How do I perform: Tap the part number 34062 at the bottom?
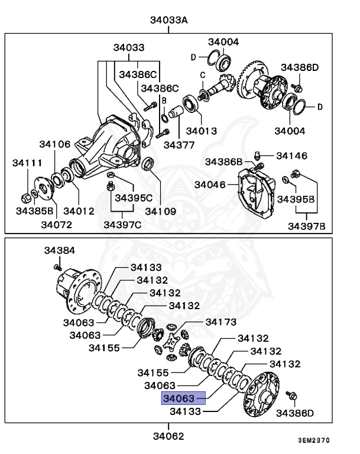click(168, 437)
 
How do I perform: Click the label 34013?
click(201, 131)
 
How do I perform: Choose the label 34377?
click(179, 144)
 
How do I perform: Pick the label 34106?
click(55, 144)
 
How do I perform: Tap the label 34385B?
click(35, 210)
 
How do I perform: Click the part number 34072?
click(56, 224)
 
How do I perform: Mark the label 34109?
click(161, 210)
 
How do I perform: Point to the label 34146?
click(291, 156)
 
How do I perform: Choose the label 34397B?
click(306, 225)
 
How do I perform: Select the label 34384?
click(60, 251)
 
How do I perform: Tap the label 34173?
click(220, 322)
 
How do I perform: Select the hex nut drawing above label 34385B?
click(25, 196)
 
